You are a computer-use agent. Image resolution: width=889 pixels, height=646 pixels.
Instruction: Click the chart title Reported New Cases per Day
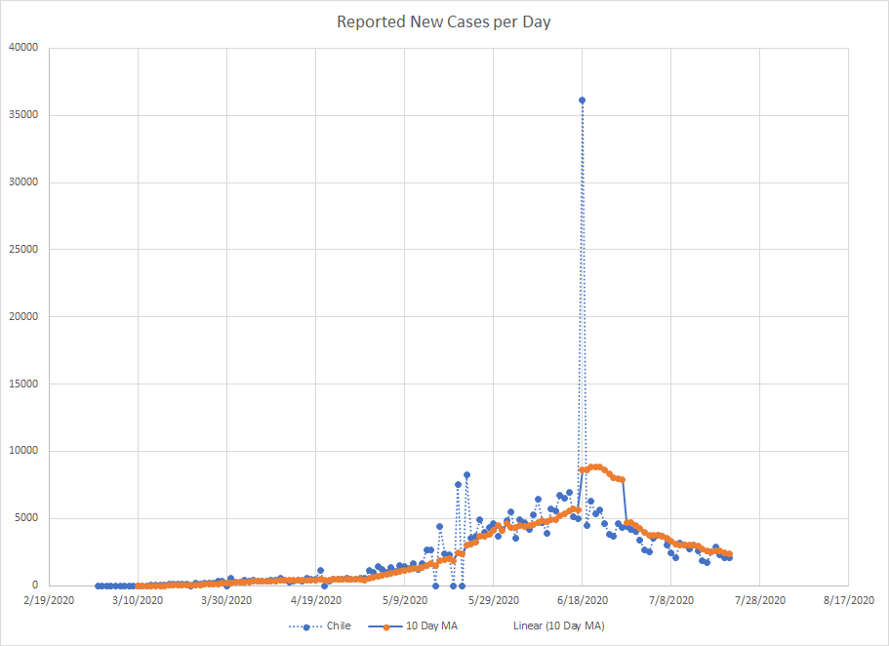tap(444, 21)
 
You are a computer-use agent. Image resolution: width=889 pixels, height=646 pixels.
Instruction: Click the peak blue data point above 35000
tap(582, 100)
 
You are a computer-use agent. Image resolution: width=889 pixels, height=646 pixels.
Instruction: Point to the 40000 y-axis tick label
tap(22, 48)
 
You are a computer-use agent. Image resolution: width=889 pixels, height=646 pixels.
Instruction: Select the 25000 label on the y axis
tap(22, 250)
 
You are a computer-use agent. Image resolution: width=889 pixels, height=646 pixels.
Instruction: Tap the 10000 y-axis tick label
tap(22, 451)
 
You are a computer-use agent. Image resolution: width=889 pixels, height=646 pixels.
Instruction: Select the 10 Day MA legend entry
tap(424, 626)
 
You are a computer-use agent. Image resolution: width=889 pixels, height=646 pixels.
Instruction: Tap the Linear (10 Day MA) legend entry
tap(559, 626)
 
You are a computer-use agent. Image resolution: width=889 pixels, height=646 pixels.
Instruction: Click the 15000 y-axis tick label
tap(22, 384)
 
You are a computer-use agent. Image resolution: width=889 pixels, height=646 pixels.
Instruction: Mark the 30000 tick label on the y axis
tap(22, 182)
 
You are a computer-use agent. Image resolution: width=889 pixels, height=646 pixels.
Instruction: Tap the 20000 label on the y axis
tap(22, 316)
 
